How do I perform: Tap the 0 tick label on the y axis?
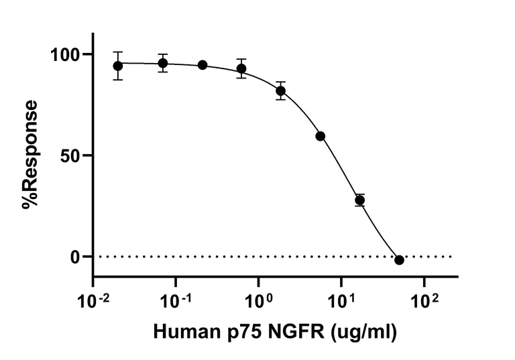pos(77,257)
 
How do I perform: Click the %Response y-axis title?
pos(31,156)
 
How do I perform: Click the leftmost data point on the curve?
pos(118,66)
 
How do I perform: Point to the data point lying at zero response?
pos(400,260)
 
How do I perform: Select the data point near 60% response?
pos(321,136)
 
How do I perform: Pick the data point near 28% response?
pos(360,200)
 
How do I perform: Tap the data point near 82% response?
pos(281,91)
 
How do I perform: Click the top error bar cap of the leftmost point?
pos(118,52)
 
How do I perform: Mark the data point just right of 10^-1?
pos(203,65)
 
